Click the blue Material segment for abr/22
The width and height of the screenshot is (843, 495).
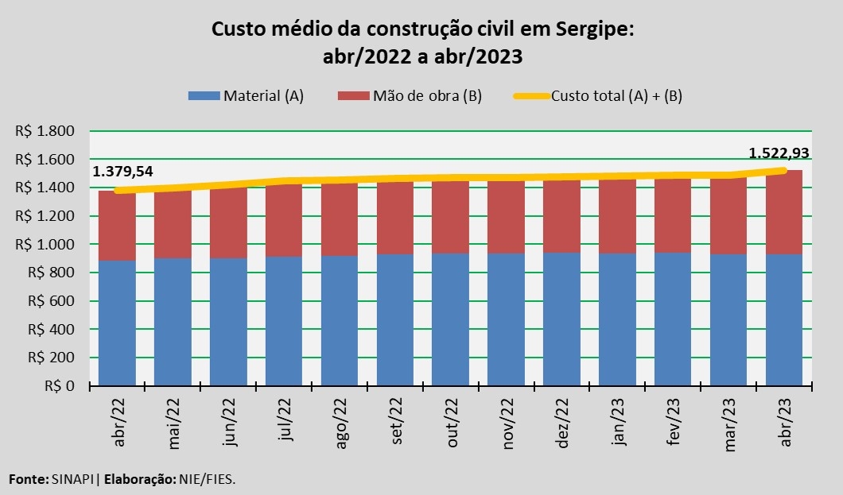pyautogui.click(x=117, y=323)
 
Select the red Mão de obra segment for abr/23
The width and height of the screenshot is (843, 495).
pyautogui.click(x=783, y=212)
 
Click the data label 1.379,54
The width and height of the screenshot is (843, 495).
pyautogui.click(x=123, y=172)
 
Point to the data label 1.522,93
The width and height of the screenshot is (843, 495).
pyautogui.click(x=779, y=153)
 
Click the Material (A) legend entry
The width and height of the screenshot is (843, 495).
pyautogui.click(x=246, y=96)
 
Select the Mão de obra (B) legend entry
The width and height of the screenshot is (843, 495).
pyautogui.click(x=410, y=96)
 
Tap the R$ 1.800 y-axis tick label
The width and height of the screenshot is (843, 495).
pyautogui.click(x=45, y=131)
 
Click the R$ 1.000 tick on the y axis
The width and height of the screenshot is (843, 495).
pyautogui.click(x=45, y=245)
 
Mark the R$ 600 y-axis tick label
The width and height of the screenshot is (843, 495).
pyautogui.click(x=49, y=301)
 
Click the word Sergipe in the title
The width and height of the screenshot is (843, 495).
pyautogui.click(x=590, y=30)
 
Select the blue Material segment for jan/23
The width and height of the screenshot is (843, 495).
pyautogui.click(x=617, y=319)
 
